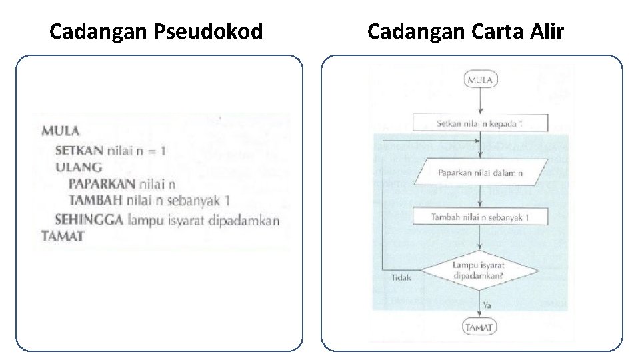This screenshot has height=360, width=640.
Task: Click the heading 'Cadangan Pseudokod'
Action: point(156,31)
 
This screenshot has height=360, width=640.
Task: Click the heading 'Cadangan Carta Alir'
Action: point(465,31)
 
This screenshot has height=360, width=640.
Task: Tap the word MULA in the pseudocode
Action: point(60,131)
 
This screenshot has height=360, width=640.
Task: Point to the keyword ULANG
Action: point(79,167)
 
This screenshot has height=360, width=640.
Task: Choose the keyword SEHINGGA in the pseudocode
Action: point(89,219)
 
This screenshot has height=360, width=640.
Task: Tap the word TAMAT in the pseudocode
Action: point(62,235)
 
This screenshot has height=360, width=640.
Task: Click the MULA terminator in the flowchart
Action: point(480,80)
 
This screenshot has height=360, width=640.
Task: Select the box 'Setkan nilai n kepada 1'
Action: point(480,123)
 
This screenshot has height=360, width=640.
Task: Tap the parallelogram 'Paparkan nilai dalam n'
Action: point(480,173)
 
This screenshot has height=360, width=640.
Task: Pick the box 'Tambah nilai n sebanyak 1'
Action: point(480,217)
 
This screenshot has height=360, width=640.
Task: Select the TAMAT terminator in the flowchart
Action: point(480,327)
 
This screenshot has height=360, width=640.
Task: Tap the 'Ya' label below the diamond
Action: point(487,304)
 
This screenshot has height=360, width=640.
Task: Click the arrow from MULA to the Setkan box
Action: point(480,101)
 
